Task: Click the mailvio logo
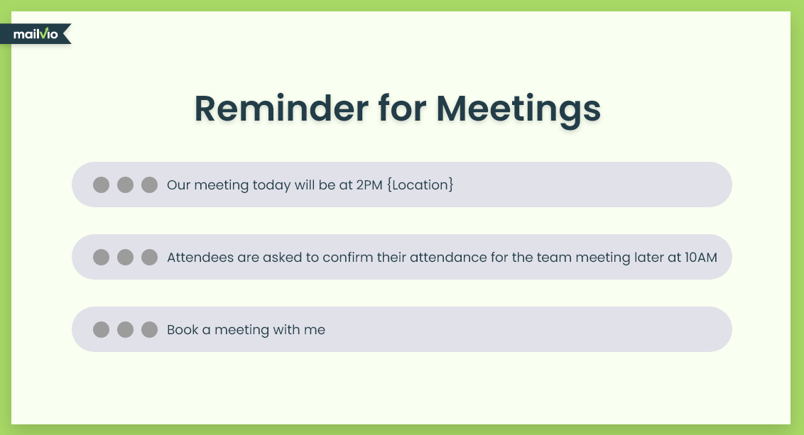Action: pos(36,34)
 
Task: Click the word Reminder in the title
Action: pos(281,108)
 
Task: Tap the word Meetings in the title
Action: pos(518,110)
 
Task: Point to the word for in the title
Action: pos(403,108)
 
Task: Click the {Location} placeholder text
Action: pos(420,185)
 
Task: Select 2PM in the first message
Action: pos(369,185)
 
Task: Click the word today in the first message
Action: pos(271,185)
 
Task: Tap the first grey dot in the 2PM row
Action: pos(101,185)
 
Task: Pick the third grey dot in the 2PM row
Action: pos(149,185)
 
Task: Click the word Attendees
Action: pos(200,257)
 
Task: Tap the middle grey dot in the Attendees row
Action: pos(125,257)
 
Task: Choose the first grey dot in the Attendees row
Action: pos(101,257)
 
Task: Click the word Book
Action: pos(183,329)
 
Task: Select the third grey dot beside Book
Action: pos(149,329)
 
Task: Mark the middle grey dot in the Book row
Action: pos(125,329)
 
